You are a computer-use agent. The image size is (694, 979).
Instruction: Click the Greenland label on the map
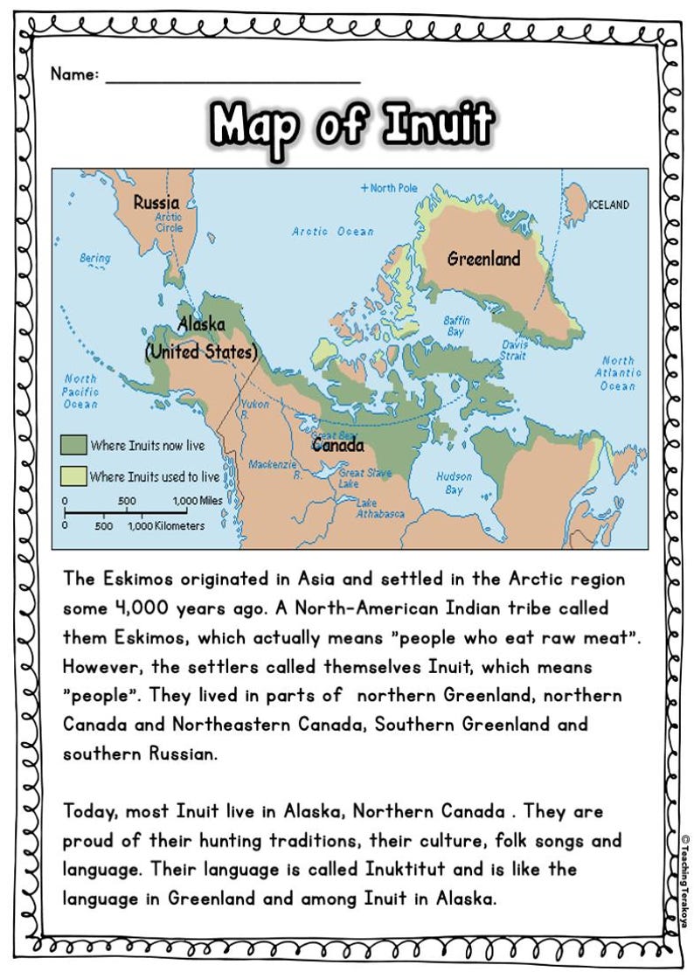[483, 259]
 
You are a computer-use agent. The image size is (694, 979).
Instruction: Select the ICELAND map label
[608, 205]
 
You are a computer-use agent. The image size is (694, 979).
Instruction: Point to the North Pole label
[389, 188]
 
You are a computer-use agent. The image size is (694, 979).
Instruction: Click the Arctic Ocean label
[332, 232]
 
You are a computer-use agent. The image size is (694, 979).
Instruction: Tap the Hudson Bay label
[455, 483]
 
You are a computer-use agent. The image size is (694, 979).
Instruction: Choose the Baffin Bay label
[456, 326]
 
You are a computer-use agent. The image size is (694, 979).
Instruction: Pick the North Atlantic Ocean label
[619, 373]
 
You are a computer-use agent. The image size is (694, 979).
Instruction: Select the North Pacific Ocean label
[80, 392]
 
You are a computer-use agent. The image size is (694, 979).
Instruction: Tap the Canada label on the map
[338, 446]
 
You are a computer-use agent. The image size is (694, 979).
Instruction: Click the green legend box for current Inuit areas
[73, 446]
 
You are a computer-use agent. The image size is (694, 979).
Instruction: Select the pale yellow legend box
[73, 476]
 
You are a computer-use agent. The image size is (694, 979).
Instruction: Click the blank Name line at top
[232, 77]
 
